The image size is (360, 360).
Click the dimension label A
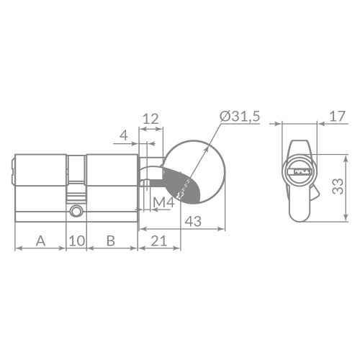click(40, 240)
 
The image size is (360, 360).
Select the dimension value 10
click(76, 240)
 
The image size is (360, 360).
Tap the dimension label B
click(111, 240)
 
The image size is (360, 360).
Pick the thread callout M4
click(165, 202)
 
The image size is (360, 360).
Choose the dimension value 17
click(336, 116)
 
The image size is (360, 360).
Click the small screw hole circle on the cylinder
click(76, 212)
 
